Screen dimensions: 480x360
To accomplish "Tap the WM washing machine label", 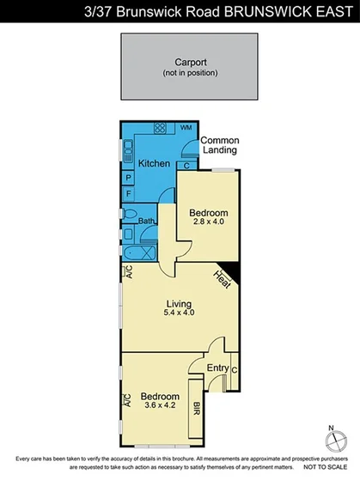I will (x=186, y=128).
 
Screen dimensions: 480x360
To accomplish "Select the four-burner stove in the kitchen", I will (x=160, y=128).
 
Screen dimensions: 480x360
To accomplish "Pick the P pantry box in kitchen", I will (x=128, y=179).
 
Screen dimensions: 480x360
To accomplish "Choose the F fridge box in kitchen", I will (x=128, y=194).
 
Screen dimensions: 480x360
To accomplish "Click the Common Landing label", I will (x=220, y=145).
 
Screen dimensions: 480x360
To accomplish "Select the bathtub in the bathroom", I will (x=138, y=255).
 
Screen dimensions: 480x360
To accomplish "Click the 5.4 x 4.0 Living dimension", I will (x=179, y=313).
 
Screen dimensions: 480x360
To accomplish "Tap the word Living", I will (x=179, y=302).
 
